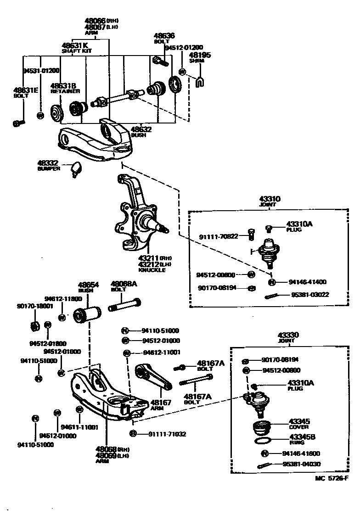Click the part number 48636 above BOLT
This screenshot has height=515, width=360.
(164, 35)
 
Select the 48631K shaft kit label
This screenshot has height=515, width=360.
(76, 46)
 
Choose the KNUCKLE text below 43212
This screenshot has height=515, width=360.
(152, 270)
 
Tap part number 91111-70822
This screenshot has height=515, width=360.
(219, 236)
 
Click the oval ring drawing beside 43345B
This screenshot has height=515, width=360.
(263, 441)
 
